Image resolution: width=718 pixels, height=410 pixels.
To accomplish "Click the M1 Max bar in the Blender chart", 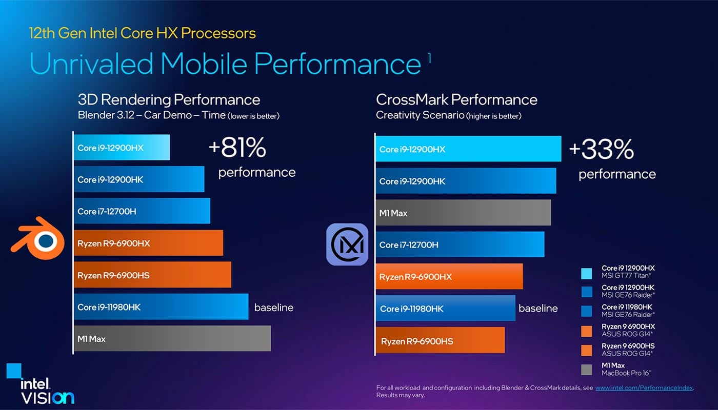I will coord(172,339).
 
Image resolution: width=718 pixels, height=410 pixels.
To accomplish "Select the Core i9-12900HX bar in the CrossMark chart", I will coord(468,149).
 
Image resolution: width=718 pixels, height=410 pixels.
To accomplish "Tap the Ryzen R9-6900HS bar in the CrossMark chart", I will coord(440,341).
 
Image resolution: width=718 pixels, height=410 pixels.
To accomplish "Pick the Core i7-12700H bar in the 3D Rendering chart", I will coord(142,211).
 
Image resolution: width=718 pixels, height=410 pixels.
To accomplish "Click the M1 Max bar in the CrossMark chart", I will coord(463,213).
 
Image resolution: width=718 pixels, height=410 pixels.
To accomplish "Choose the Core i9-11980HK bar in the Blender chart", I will coord(161,307).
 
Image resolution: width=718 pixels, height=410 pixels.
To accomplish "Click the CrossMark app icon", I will coord(347,244).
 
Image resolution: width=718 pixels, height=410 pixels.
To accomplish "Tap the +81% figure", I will coord(237,148).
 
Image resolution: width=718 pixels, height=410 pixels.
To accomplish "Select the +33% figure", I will coord(601,150).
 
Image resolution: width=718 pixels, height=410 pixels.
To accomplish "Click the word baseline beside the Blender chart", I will coord(274,307).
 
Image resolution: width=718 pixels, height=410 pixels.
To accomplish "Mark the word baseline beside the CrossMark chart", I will coord(538,309).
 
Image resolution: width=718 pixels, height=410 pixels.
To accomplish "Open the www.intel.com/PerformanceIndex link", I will coord(644,388).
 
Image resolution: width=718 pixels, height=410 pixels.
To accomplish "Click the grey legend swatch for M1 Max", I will coord(587,370).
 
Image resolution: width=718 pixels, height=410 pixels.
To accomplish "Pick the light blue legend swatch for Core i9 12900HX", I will coord(587,272).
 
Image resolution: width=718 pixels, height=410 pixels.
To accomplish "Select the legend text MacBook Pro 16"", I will coord(622,373).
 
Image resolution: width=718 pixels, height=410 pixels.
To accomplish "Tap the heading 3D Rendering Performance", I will coord(169,99).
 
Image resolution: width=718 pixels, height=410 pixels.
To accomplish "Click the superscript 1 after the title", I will coord(429,58).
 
